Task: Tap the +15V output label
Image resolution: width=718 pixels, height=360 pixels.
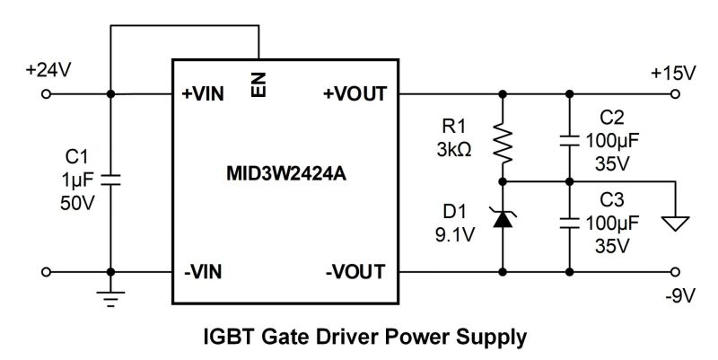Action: click(672, 72)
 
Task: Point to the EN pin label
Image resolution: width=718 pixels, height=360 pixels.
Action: click(258, 87)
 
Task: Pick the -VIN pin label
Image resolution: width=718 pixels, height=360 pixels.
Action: click(202, 270)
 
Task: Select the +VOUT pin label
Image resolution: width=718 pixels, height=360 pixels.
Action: click(355, 93)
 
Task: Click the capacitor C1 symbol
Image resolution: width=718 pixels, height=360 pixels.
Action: click(109, 180)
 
